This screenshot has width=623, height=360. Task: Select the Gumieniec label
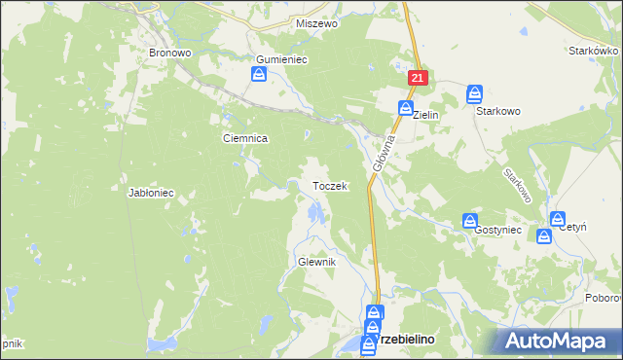click(x=281, y=59)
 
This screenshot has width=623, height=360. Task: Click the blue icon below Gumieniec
click(x=260, y=75)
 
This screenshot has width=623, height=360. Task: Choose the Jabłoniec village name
click(x=151, y=193)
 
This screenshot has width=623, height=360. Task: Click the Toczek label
click(x=329, y=186)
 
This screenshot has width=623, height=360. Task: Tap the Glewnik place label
click(x=316, y=263)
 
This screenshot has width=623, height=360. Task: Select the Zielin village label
click(x=427, y=115)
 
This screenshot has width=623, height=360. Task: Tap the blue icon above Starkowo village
click(x=474, y=94)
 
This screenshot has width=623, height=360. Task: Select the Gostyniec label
click(x=498, y=230)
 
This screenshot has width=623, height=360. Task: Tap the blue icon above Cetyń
click(x=557, y=220)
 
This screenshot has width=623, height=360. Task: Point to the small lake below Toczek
click(x=312, y=211)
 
